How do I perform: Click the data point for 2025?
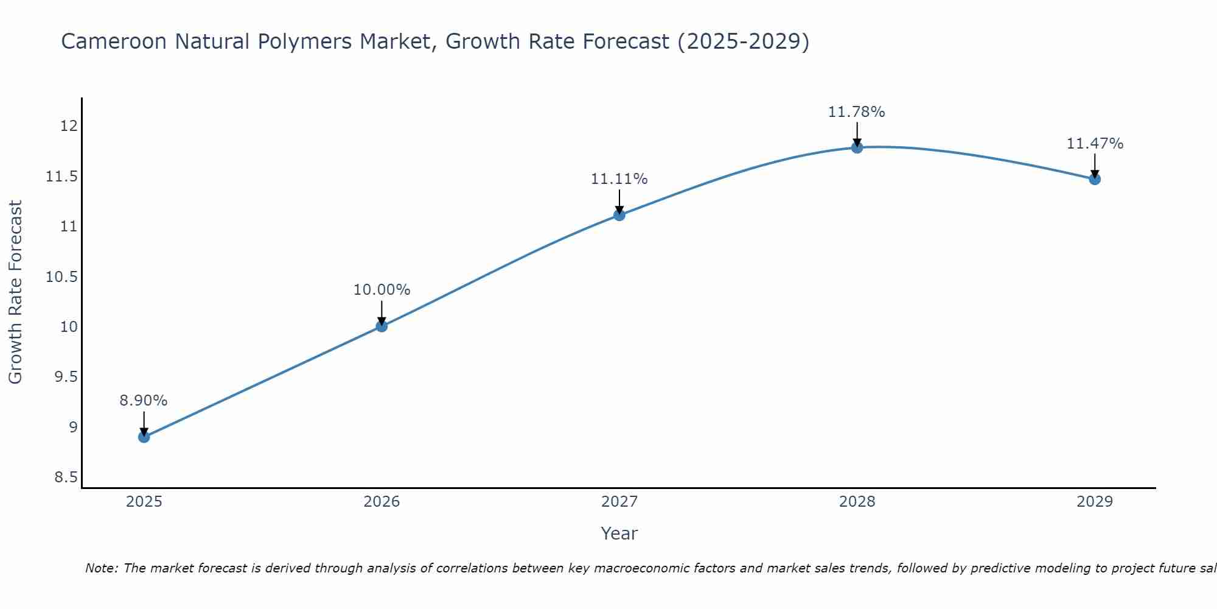click(144, 437)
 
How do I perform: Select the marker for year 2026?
click(382, 326)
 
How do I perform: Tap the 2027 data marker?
click(619, 214)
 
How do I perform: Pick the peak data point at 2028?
click(857, 147)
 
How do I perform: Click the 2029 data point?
click(1095, 178)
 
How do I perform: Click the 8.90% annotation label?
click(143, 401)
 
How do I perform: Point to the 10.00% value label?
click(382, 290)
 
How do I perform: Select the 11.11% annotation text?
click(619, 179)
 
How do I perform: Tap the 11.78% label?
click(856, 112)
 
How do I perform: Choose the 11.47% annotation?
click(1095, 144)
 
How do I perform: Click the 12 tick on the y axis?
click(68, 126)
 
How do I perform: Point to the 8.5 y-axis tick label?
click(66, 477)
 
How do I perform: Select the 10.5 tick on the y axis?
click(62, 276)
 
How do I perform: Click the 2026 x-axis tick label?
click(382, 502)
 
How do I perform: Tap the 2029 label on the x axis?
click(1095, 502)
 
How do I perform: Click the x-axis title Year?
click(619, 533)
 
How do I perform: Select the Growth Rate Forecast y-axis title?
click(16, 292)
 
